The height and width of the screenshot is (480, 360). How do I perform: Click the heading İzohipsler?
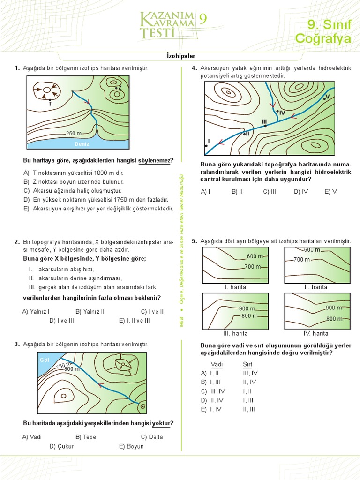click(181, 55)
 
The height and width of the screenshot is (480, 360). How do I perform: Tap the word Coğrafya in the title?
click(323, 38)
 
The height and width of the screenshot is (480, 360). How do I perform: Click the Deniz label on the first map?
click(82, 144)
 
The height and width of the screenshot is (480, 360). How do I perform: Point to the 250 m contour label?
click(75, 133)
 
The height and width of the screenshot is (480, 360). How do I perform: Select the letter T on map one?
click(50, 104)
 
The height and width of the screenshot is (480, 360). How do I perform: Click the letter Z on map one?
click(120, 88)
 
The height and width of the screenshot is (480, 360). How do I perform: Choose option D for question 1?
click(26, 199)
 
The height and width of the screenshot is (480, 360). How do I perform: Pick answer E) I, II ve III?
click(134, 321)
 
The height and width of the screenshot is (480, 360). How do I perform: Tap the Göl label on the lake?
click(45, 360)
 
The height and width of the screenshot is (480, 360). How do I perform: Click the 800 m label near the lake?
click(72, 369)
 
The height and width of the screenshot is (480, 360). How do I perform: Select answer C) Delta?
click(152, 437)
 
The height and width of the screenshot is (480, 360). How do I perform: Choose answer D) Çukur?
click(62, 446)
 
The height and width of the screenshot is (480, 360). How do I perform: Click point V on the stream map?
click(328, 96)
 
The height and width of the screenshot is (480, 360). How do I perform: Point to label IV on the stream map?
click(282, 112)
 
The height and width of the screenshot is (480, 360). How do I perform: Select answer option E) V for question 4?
click(331, 191)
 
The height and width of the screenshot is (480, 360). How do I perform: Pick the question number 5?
click(194, 241)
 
